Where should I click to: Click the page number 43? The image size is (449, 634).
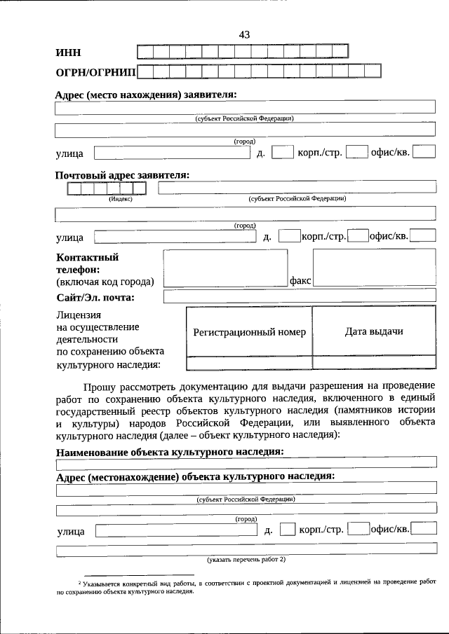click(244, 34)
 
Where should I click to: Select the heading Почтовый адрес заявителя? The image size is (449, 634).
click(123, 175)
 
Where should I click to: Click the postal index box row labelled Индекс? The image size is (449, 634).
click(107, 188)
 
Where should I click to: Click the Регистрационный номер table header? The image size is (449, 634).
click(249, 332)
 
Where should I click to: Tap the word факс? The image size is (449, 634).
click(300, 280)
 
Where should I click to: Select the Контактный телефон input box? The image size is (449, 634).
click(225, 268)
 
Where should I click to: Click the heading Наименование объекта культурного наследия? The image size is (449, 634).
click(170, 452)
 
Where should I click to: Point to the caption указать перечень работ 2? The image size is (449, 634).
click(246, 560)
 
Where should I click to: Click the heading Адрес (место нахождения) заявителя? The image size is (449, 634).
click(146, 95)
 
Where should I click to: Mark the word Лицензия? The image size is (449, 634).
click(79, 315)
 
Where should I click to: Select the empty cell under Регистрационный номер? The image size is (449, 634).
click(249, 363)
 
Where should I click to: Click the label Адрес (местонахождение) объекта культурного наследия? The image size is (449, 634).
click(195, 476)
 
